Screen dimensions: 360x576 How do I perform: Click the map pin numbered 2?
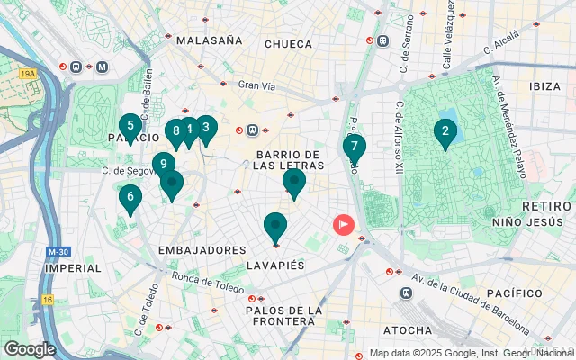[x=444, y=133]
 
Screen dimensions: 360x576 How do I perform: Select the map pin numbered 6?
[x=130, y=197]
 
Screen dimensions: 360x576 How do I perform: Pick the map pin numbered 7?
[x=354, y=147]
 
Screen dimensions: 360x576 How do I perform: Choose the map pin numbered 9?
[x=163, y=164]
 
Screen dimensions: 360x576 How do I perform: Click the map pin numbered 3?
[x=206, y=128]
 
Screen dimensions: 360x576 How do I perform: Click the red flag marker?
[x=344, y=224]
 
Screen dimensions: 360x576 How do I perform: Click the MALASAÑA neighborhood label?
[x=210, y=40]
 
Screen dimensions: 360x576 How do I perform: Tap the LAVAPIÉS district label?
[x=276, y=266]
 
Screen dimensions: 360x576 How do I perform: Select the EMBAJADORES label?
[x=202, y=249]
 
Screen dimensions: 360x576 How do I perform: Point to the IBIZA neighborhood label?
[x=544, y=86]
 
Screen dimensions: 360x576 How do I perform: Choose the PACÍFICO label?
[x=514, y=293]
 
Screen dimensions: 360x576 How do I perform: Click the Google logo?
[x=30, y=349]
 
